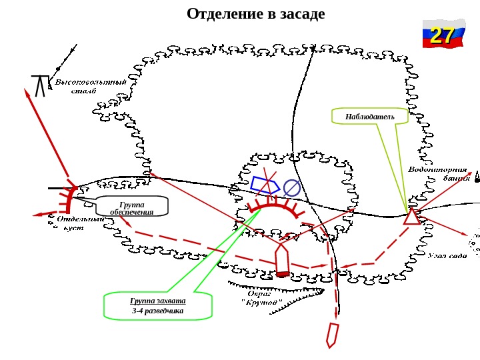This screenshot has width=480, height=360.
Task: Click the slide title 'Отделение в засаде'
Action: tap(256, 14)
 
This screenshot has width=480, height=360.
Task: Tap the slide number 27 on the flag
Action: tap(442, 35)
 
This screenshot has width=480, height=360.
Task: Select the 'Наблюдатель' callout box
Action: tap(370, 117)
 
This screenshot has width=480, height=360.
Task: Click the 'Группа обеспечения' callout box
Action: tap(132, 208)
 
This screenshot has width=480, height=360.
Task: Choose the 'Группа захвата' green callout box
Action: tap(158, 306)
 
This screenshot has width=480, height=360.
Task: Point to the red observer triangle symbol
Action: tap(412, 217)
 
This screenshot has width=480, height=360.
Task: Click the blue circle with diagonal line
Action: tap(292, 188)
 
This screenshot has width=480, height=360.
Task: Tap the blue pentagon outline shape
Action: tap(265, 185)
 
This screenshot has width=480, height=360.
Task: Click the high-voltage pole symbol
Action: tap(40, 85)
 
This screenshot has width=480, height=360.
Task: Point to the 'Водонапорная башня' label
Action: tap(437, 173)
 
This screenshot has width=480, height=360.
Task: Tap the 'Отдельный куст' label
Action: tap(79, 223)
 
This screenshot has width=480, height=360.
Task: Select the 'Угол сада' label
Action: tap(447, 255)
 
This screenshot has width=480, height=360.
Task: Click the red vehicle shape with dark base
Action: tap(282, 260)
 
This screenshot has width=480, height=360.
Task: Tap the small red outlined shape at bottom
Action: tap(332, 334)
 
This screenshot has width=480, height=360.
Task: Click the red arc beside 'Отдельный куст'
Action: tap(68, 200)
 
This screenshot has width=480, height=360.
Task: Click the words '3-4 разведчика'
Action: tap(157, 311)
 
